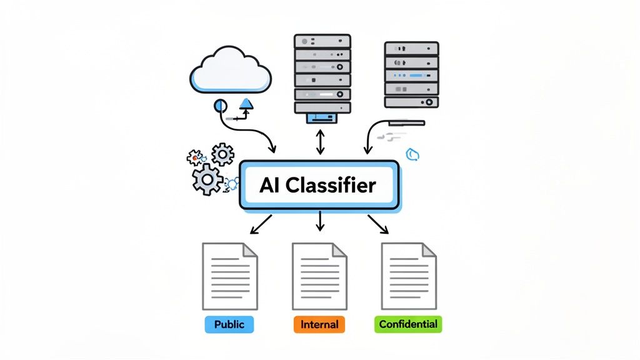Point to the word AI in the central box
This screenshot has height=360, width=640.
coord(271,185)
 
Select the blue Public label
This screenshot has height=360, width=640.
coord(229,324)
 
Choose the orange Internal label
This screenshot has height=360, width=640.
coord(319,324)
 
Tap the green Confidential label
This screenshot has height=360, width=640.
coord(408,324)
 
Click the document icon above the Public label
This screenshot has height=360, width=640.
coord(229,276)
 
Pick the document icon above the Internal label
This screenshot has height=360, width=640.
coord(319,276)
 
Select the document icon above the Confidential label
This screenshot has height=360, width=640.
coord(409,276)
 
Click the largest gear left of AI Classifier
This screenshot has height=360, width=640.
coord(207,179)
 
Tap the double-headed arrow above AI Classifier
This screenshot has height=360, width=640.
coord(320,142)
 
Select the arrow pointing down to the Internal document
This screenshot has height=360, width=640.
coord(320,221)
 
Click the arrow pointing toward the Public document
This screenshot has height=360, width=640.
coord(261,224)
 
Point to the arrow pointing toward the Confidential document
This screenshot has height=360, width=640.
coord(378,224)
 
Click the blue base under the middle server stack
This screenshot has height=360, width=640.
coord(320,117)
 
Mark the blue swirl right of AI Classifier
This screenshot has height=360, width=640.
coord(412,154)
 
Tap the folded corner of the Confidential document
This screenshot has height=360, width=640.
coord(429,250)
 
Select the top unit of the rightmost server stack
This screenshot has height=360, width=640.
coord(411,48)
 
